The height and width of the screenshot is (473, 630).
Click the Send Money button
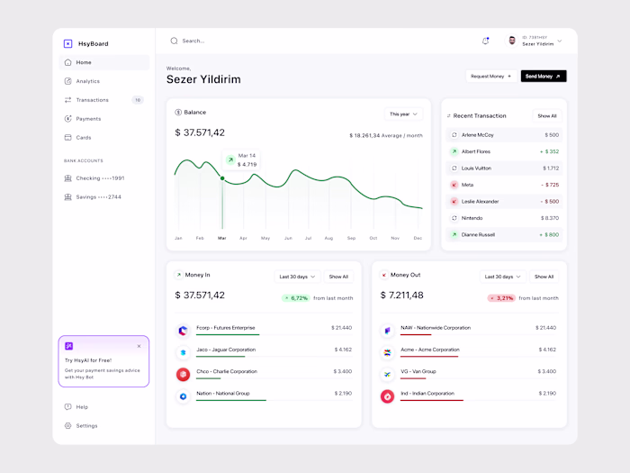pyautogui.click(x=543, y=77)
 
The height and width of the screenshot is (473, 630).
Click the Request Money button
pyautogui.click(x=490, y=77)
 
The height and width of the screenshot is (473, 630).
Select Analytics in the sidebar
pyautogui.click(x=87, y=81)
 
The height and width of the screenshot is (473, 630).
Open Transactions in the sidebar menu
pyautogui.click(x=92, y=100)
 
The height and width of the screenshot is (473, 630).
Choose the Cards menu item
pyautogui.click(x=84, y=138)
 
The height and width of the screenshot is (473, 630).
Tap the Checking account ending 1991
pyautogui.click(x=100, y=178)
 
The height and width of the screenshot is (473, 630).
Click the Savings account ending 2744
pyautogui.click(x=98, y=196)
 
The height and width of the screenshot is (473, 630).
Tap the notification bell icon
pyautogui.click(x=485, y=41)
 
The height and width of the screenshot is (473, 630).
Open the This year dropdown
pyautogui.click(x=402, y=114)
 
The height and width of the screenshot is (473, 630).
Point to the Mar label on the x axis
pyautogui.click(x=221, y=238)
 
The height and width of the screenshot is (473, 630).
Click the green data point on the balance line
pyautogui.click(x=222, y=177)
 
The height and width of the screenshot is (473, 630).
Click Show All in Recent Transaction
pyautogui.click(x=547, y=116)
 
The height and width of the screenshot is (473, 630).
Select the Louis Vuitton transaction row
pyautogui.click(x=504, y=168)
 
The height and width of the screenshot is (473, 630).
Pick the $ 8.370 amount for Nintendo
pyautogui.click(x=550, y=218)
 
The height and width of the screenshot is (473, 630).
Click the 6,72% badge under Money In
pyautogui.click(x=296, y=298)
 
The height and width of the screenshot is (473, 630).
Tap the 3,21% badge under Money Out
pyautogui.click(x=501, y=298)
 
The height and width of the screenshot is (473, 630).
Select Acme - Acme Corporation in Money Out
pyautogui.click(x=431, y=350)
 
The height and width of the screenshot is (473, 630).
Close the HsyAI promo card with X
pyautogui.click(x=139, y=346)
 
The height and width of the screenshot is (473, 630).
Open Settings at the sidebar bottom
pyautogui.click(x=86, y=425)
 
